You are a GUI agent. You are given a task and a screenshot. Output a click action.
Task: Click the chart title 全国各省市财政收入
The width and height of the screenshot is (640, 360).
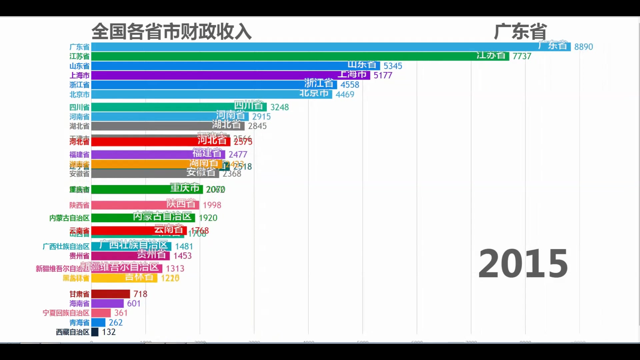[171, 32]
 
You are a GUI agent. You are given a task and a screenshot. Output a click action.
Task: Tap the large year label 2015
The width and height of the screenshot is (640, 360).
[523, 264]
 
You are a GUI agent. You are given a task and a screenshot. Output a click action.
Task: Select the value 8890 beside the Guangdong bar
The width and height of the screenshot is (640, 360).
[583, 47]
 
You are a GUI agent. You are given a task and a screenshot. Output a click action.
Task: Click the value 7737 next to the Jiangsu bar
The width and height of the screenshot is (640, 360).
[522, 56]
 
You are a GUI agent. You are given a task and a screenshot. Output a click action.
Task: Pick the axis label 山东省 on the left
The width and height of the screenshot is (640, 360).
[79, 66]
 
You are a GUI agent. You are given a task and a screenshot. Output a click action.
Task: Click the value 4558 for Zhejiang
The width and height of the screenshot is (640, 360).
[350, 85]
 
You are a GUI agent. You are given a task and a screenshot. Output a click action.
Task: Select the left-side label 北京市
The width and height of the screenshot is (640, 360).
[79, 95]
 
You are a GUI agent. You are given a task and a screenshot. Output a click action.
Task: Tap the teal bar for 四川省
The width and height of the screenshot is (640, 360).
[160, 107]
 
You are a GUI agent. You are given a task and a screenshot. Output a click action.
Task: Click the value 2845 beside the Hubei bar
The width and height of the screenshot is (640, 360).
[257, 126]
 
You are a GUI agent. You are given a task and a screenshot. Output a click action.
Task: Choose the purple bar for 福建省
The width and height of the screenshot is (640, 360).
[140, 155]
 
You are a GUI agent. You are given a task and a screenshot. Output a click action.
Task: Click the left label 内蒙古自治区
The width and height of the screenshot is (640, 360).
[69, 218]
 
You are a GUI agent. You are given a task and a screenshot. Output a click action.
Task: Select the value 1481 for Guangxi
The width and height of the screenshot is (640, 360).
[184, 246]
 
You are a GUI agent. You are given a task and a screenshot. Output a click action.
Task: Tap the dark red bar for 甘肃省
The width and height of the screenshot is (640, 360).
[110, 294]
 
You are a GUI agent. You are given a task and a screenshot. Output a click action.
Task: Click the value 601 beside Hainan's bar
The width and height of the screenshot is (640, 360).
[134, 303]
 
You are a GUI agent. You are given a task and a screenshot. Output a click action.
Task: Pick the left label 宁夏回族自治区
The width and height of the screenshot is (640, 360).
[66, 313]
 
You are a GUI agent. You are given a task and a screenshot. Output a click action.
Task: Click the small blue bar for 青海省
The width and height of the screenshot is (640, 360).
[98, 323]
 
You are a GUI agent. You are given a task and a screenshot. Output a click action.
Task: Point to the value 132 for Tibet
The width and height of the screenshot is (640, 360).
[109, 332]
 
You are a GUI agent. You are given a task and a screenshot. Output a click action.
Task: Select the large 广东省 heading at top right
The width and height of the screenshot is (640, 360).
[520, 32]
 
